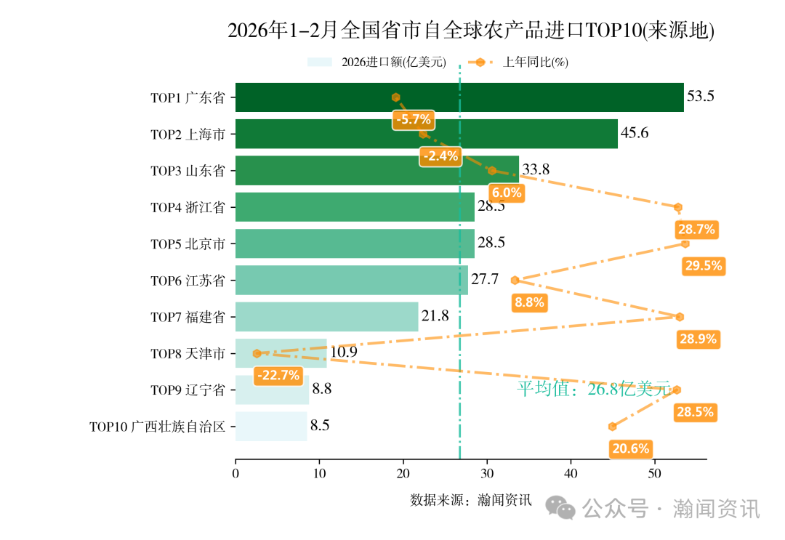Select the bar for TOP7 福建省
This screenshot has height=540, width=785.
point(327,317)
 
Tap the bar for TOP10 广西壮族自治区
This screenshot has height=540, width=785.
point(271,427)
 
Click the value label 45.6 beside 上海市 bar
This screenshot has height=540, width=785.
point(634,134)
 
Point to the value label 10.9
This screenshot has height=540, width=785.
point(343,352)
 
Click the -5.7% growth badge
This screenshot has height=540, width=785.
point(414,119)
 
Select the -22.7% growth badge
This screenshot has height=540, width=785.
point(277,376)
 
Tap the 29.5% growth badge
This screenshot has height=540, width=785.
point(703,266)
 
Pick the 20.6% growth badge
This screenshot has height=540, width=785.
point(630,448)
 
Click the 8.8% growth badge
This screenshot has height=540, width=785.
point(528,303)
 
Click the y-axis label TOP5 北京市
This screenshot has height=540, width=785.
point(188,244)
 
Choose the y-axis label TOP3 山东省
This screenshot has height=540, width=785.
point(188,171)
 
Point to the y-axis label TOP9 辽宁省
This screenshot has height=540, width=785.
point(188,390)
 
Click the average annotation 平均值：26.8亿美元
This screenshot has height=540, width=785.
point(594,389)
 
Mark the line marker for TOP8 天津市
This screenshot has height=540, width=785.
point(257,353)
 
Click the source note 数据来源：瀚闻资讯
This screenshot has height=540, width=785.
point(470,500)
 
